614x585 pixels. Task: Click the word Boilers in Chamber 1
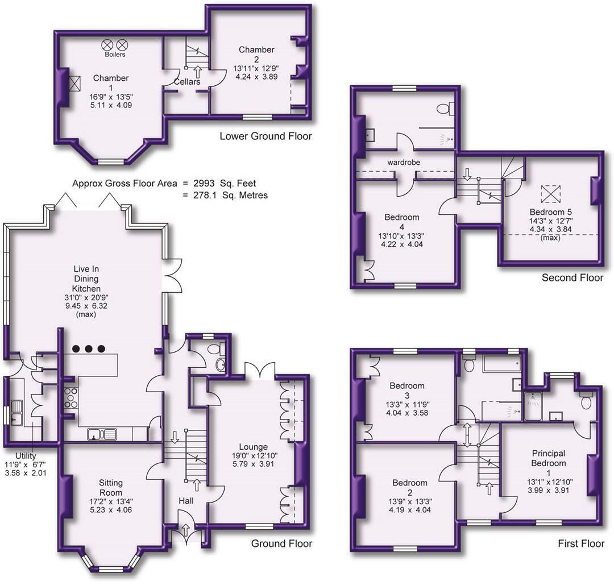(x=115, y=55)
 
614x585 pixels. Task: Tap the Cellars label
(x=187, y=81)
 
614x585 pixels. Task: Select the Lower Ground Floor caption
(x=265, y=136)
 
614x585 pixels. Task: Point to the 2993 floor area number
(x=204, y=183)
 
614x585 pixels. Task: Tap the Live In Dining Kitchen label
(x=86, y=279)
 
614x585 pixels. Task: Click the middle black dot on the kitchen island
(x=89, y=348)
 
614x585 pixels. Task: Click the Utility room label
(x=26, y=456)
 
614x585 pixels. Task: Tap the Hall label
(x=186, y=500)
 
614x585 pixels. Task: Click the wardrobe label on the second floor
(x=404, y=162)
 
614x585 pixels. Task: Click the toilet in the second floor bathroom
(x=445, y=108)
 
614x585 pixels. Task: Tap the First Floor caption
(x=581, y=543)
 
